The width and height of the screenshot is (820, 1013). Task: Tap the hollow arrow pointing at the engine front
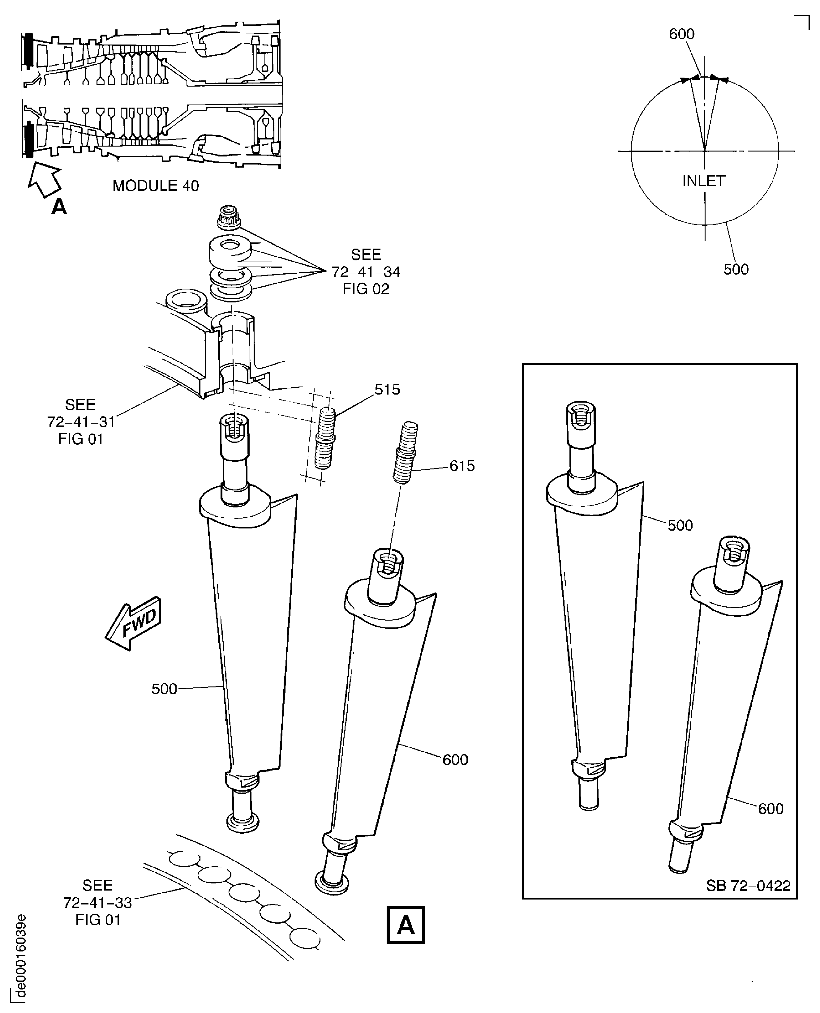(44, 179)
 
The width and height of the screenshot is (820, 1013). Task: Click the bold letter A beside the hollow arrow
(59, 206)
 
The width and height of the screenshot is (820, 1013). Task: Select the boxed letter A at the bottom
(405, 925)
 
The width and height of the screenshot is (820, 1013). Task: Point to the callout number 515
(387, 390)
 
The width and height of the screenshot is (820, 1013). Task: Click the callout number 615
(462, 466)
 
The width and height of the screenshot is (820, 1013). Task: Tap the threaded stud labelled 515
(325, 438)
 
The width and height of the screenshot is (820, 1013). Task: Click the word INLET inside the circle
(703, 181)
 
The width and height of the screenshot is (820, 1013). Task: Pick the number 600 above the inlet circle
(682, 34)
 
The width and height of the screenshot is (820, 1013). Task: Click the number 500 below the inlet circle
(736, 269)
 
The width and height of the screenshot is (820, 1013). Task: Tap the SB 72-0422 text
(748, 886)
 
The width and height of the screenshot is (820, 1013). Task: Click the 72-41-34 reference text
(366, 271)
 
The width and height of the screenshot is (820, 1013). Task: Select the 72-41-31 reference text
(81, 422)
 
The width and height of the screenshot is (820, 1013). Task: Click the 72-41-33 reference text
(97, 903)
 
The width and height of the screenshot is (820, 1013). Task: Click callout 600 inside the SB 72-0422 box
(771, 809)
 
